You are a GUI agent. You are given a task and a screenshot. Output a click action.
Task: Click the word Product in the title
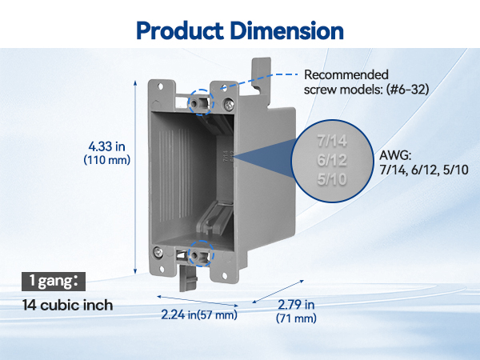180,30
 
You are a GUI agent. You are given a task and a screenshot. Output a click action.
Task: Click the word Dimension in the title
287,30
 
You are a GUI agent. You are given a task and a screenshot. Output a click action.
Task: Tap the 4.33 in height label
107,146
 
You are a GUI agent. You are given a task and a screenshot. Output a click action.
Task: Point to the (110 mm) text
107,160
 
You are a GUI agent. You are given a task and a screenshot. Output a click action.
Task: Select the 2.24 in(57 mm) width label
199,314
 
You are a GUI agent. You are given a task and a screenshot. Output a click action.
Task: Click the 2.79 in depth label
296,305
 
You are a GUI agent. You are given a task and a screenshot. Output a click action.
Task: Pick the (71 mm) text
296,318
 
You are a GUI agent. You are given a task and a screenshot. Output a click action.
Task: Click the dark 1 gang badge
54,282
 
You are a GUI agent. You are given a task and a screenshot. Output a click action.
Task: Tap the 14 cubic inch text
68,306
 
